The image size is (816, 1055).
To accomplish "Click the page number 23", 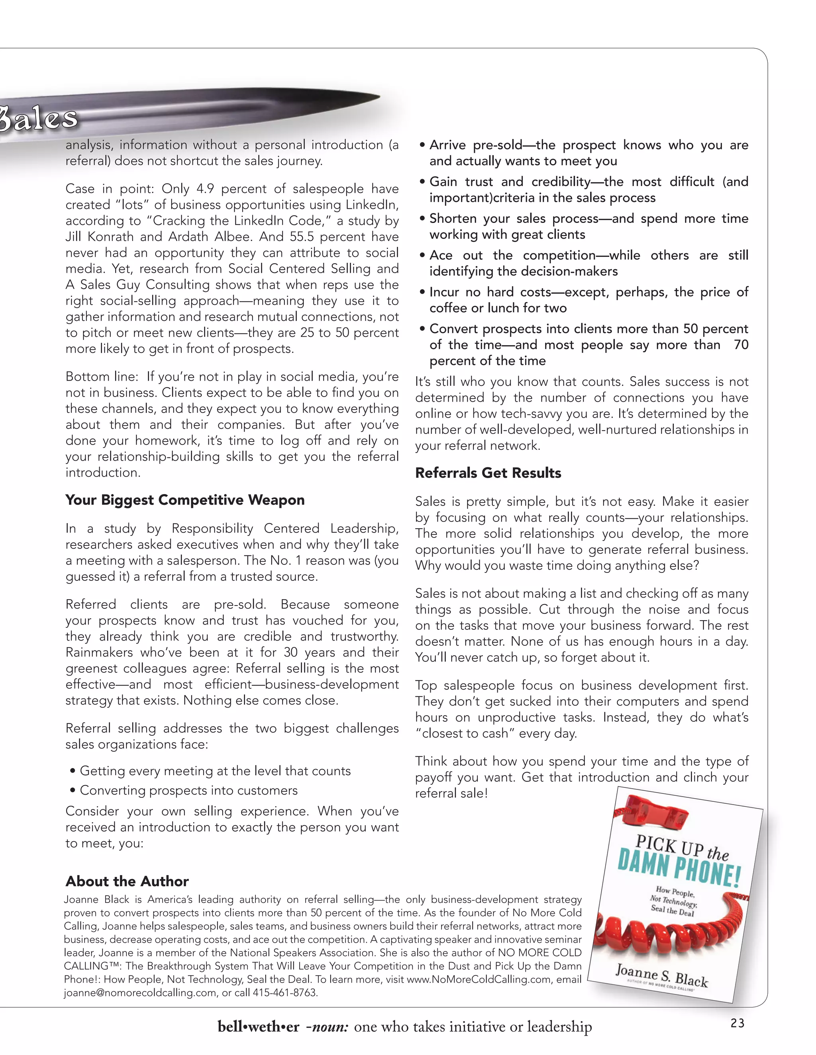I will pos(737,1023).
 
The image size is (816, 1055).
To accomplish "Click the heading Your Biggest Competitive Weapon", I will pos(185,500).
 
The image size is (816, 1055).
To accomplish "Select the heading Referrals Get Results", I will pos(488,473).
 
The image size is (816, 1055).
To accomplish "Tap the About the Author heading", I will pos(127,881).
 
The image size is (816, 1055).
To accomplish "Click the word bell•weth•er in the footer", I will pos(258,1026).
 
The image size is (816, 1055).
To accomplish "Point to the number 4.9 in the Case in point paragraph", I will pos(205,189).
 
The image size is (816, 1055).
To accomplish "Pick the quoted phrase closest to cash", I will pos(465,733).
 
